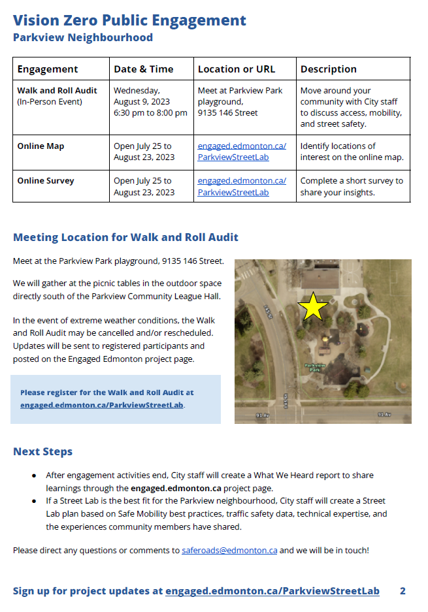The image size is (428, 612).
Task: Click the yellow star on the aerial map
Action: (314, 306)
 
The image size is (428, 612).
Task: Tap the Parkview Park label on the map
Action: (316, 368)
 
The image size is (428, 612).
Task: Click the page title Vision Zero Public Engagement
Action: (129, 20)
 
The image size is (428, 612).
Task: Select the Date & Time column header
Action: (144, 69)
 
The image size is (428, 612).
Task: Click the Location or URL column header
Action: (237, 69)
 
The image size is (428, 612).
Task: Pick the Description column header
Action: (329, 69)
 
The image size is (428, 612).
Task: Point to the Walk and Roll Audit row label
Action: (57, 91)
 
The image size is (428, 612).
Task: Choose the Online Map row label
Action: (41, 146)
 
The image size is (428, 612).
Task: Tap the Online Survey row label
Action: (46, 181)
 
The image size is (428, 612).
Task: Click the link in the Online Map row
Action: (242, 152)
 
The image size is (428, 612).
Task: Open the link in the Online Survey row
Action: (242, 186)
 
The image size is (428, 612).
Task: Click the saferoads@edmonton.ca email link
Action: (229, 551)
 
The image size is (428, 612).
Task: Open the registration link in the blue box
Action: (102, 405)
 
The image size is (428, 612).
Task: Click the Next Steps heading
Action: (43, 452)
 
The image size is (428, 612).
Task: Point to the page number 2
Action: (403, 591)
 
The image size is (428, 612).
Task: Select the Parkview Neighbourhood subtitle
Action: (83, 38)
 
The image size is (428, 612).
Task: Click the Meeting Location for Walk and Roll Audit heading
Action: (125, 237)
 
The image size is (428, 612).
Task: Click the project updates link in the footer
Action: (272, 591)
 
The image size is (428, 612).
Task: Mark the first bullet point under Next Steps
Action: (34, 475)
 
